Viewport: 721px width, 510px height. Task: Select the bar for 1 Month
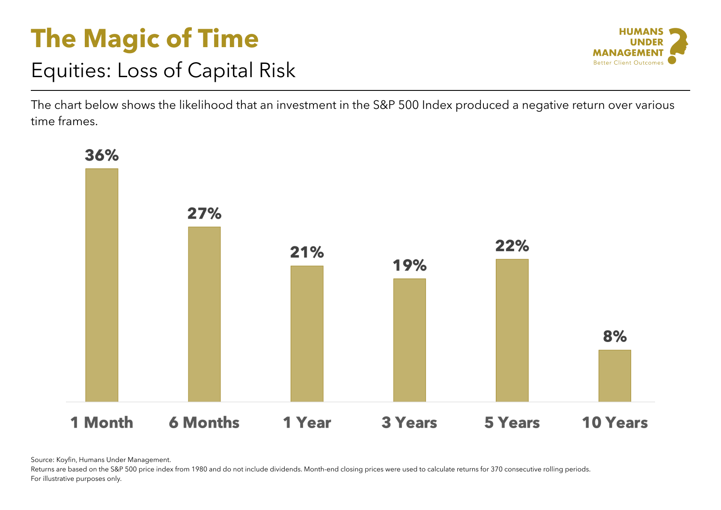point(101,285)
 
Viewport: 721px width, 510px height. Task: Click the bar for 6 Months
point(204,314)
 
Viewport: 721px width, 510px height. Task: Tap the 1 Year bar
point(307,333)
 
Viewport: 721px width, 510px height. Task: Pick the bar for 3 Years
point(409,340)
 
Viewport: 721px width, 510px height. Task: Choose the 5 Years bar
point(512,330)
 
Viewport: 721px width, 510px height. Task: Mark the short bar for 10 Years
point(614,375)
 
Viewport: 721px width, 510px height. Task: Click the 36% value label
point(101,155)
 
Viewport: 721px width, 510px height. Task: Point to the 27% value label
point(204,213)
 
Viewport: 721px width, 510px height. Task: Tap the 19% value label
point(409,266)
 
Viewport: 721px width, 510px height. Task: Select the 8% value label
point(615,337)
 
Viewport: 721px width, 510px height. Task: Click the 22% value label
point(512,246)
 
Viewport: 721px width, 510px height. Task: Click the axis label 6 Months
point(204,423)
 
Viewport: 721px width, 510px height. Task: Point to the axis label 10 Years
point(615,423)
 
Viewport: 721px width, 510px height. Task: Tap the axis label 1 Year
point(307,423)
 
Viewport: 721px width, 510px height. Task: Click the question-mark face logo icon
point(677,45)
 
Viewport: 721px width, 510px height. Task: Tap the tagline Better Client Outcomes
point(628,63)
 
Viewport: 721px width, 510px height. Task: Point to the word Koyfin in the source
point(66,460)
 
